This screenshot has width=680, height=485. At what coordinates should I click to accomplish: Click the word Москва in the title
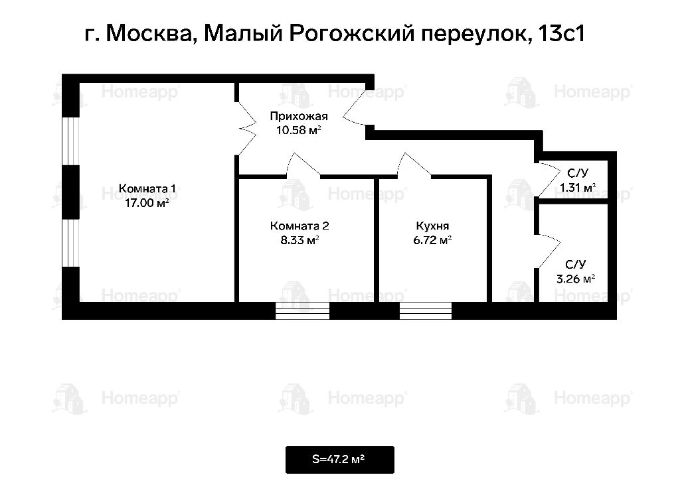tap(148, 33)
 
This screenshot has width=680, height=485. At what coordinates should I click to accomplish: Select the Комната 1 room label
tap(147, 189)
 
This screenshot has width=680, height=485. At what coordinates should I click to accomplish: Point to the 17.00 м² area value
tap(147, 203)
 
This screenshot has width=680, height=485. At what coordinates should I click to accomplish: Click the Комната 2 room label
tap(299, 226)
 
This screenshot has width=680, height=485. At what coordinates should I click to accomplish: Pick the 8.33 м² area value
tap(299, 240)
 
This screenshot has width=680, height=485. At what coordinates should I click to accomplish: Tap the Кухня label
tap(432, 226)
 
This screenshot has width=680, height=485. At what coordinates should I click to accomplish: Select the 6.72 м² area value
tap(432, 240)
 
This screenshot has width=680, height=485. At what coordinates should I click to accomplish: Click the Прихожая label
tap(299, 116)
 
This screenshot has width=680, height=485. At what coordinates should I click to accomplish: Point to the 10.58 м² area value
tap(299, 130)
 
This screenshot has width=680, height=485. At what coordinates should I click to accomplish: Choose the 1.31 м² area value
tap(578, 188)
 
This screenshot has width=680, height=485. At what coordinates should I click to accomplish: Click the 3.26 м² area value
tap(576, 279)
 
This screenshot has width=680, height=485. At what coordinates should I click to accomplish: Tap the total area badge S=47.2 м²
tap(339, 459)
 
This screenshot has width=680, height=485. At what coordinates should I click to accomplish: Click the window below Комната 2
tap(302, 311)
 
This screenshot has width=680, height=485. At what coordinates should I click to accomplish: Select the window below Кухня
tap(426, 311)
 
